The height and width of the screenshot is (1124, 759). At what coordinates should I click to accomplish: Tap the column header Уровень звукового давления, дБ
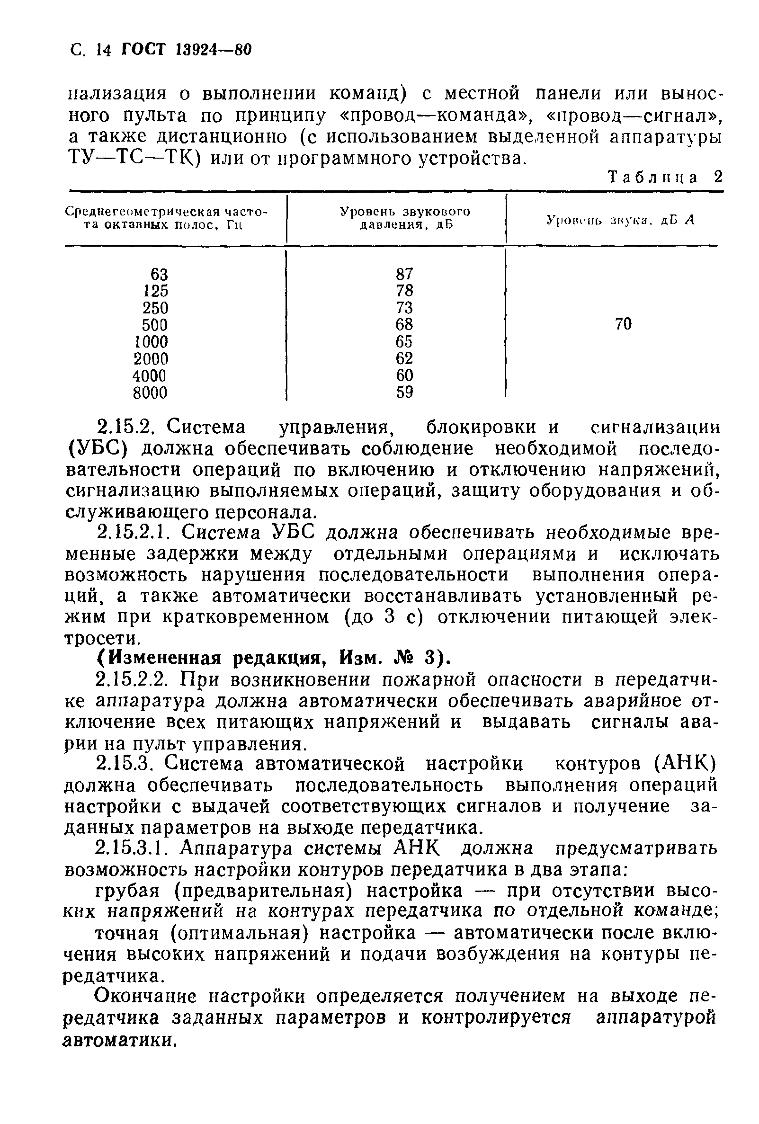tap(404, 218)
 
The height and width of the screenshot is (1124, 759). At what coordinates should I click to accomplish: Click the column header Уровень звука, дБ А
tap(620, 220)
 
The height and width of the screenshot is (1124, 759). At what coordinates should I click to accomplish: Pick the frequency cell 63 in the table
tap(159, 274)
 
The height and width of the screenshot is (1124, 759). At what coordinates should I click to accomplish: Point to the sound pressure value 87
tap(404, 274)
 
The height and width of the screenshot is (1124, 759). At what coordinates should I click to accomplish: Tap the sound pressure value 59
tap(404, 392)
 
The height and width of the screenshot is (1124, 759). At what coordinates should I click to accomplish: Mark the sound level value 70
tap(623, 324)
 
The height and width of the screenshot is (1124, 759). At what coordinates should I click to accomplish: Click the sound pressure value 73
tap(404, 308)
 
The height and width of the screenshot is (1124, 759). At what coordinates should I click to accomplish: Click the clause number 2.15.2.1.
tap(133, 533)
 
